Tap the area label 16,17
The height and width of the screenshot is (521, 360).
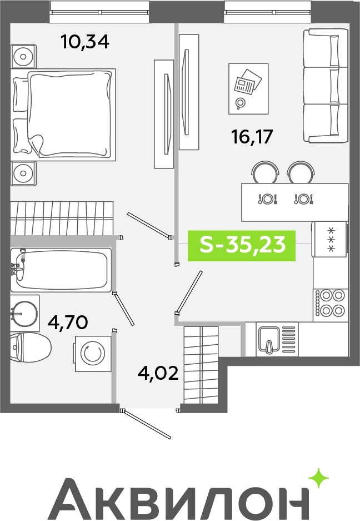click(252, 137)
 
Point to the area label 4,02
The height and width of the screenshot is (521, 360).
click(158, 373)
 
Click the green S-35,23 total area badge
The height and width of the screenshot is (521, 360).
click(242, 246)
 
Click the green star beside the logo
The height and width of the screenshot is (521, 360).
click(319, 479)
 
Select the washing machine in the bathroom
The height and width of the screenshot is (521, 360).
click(93, 354)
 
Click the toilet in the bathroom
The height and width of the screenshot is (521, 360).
click(30, 348)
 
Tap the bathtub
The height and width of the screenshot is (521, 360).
click(61, 270)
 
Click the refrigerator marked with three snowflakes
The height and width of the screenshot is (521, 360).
click(330, 239)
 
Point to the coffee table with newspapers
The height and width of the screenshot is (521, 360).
click(248, 89)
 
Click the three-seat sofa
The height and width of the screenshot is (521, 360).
click(326, 86)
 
